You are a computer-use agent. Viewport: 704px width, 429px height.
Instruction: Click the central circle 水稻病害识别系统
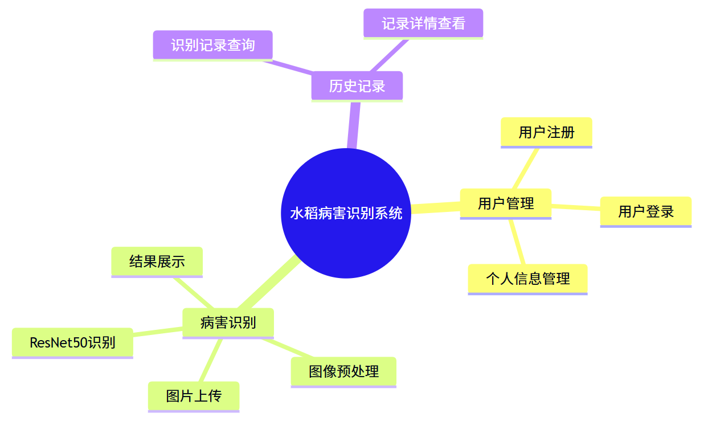point(346,213)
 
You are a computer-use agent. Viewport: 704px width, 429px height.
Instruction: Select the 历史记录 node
point(357,86)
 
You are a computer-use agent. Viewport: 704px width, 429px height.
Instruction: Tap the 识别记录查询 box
point(212,45)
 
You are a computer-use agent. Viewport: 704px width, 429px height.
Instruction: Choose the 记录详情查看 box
point(423,23)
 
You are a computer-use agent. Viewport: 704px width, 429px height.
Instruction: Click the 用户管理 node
point(505,203)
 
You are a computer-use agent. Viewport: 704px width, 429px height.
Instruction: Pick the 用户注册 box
point(546,132)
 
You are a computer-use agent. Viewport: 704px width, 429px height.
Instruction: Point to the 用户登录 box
point(645,212)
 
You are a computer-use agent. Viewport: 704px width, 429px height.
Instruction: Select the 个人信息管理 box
point(527,279)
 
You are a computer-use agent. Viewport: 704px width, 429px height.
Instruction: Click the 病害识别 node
point(228,323)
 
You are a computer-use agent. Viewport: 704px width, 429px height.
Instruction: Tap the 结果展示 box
point(157,262)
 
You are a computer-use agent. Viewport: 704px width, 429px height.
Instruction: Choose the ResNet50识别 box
point(72,342)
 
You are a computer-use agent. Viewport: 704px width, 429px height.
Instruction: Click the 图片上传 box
point(194,396)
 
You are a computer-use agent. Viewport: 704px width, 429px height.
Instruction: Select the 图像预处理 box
point(343,371)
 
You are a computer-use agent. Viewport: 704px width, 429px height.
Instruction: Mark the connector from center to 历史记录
point(353,125)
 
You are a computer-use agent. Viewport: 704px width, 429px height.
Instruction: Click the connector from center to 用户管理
point(436,209)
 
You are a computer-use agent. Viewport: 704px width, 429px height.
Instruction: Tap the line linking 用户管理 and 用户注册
point(525,169)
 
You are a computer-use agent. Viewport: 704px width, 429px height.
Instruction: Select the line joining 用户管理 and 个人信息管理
point(517,242)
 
